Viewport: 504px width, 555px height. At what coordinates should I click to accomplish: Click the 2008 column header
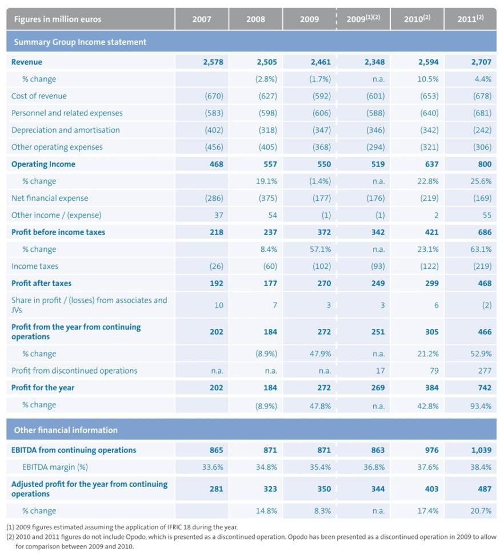tap(255, 19)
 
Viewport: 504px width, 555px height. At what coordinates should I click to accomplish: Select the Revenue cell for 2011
tap(481, 62)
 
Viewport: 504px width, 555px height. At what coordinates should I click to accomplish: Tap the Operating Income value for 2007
tap(216, 164)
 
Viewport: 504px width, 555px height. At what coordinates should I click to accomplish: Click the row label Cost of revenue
tap(39, 96)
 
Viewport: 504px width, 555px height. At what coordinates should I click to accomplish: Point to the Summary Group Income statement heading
tap(80, 42)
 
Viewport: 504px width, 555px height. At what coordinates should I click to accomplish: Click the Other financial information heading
tap(66, 430)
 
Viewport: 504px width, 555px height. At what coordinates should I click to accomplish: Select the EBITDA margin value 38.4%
tap(480, 467)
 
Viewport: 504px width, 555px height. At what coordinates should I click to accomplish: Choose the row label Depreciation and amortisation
tap(66, 130)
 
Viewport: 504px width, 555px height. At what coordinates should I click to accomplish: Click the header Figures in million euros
tap(57, 19)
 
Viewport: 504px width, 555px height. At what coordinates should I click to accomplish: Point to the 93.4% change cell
tap(480, 405)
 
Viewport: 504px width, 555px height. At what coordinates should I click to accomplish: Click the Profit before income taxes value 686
tap(483, 232)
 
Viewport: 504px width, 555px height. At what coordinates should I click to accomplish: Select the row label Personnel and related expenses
tap(67, 113)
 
